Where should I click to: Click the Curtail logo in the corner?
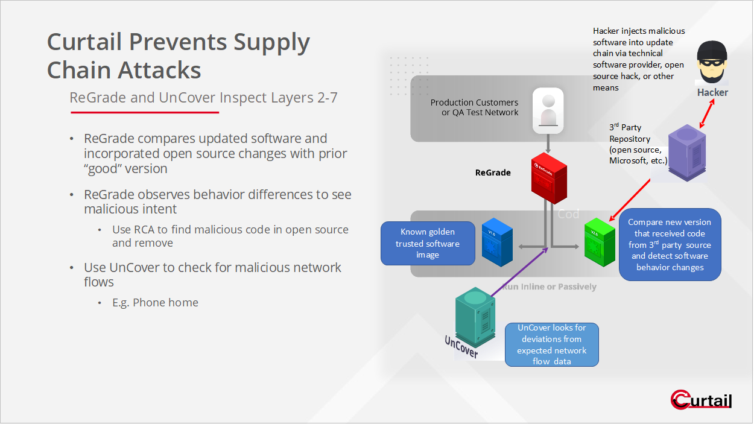coord(701,400)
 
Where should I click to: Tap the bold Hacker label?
coord(712,92)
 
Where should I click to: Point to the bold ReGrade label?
coord(493,172)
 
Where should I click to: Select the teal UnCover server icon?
coord(475,315)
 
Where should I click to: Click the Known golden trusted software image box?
coord(428,244)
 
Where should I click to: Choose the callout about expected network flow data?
coord(551,344)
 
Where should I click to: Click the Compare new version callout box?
coord(670,245)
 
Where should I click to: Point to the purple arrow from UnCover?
coord(519,271)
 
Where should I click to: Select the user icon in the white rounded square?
coord(548,110)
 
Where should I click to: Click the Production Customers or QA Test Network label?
coord(474,107)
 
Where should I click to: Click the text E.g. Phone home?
coord(155,303)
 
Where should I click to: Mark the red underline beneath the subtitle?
coord(144,112)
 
